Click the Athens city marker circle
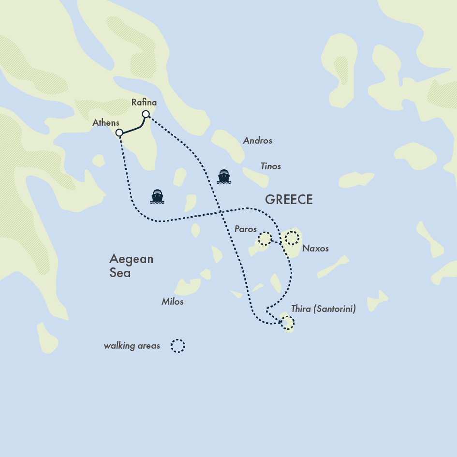point(119,133)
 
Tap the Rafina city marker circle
point(145,114)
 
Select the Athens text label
point(105,123)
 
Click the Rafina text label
point(144,103)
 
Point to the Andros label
point(257,141)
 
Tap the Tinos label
point(270,166)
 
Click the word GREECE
point(289,200)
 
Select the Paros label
point(245,229)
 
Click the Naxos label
point(315,249)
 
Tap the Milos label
point(172,302)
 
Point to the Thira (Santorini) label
point(323,309)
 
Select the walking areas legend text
point(132,346)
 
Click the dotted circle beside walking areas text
point(177,346)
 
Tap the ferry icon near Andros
point(223,177)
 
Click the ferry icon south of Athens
point(157,196)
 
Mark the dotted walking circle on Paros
point(265,239)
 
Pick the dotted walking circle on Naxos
point(292,238)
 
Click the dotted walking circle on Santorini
point(287,323)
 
